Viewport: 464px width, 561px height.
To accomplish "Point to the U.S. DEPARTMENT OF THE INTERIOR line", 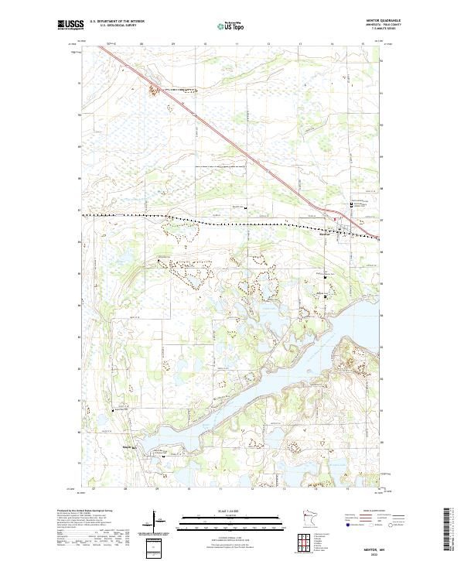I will coord(117,22).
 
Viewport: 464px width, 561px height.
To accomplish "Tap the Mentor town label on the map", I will coord(326,234).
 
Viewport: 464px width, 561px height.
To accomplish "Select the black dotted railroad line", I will coord(193,221).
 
